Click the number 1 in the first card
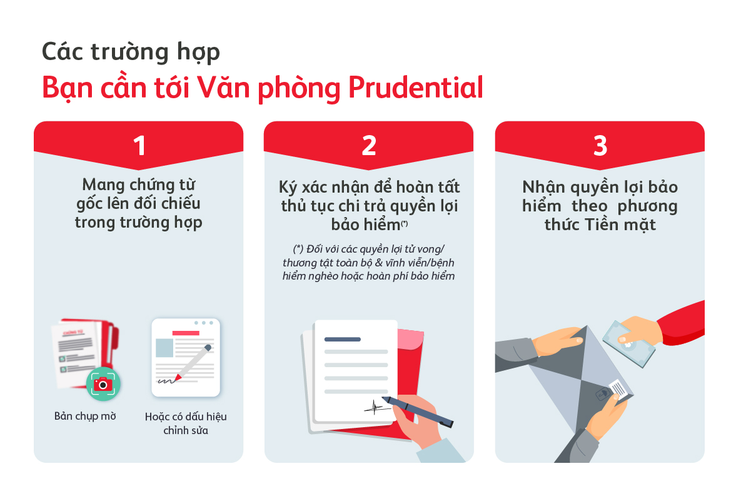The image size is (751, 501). pyautogui.click(x=139, y=145)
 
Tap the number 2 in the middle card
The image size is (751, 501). pyautogui.click(x=369, y=145)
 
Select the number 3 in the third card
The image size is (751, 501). pyautogui.click(x=600, y=145)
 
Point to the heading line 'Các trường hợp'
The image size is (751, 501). pyautogui.click(x=131, y=52)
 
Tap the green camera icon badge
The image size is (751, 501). pyautogui.click(x=103, y=383)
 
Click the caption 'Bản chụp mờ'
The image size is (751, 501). pyautogui.click(x=85, y=416)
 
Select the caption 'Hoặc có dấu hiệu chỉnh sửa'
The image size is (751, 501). pyautogui.click(x=186, y=423)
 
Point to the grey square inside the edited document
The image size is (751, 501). pyautogui.click(x=164, y=348)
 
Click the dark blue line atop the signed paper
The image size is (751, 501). pyautogui.click(x=342, y=339)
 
